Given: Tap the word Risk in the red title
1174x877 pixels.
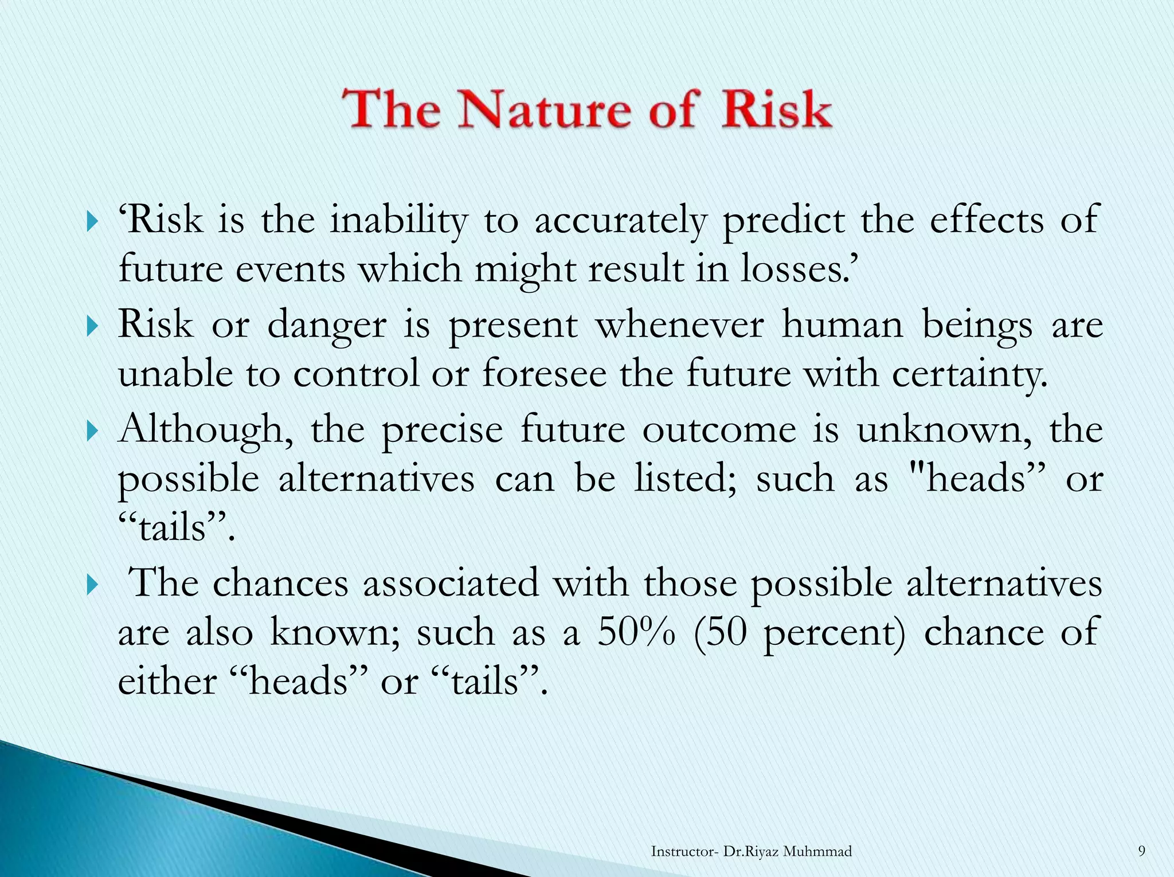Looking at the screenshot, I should pyautogui.click(x=777, y=109).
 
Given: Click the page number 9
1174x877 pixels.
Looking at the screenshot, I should pyautogui.click(x=1141, y=851).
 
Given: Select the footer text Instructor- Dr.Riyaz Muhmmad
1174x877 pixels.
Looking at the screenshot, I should pyautogui.click(x=751, y=852).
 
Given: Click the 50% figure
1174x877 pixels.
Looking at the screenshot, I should pyautogui.click(x=636, y=632).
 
